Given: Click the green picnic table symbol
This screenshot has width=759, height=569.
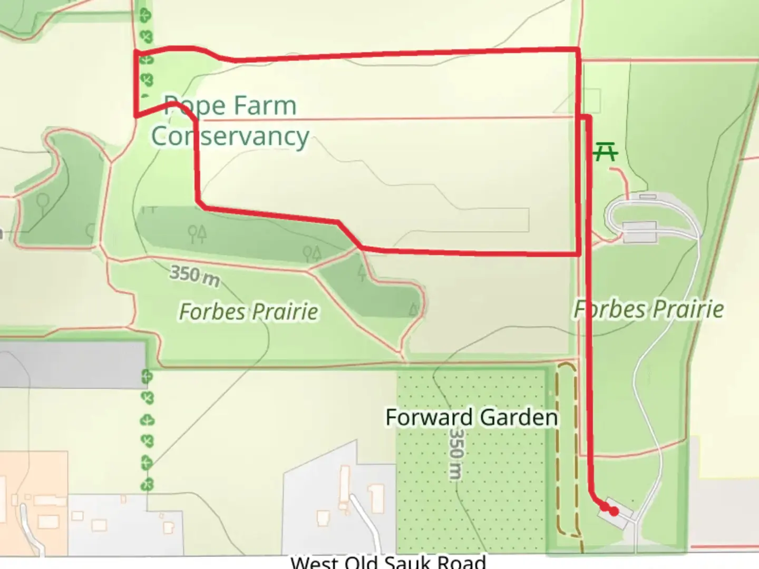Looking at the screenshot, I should point(606,153).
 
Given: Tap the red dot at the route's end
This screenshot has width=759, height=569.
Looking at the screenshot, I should point(614,511).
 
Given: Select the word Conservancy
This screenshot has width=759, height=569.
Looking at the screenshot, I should point(230,136).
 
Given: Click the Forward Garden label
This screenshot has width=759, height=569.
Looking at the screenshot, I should point(471,417).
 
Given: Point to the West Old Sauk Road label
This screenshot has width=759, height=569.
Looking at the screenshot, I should point(388,562).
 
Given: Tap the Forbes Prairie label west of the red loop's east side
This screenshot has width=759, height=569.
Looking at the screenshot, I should point(248,311).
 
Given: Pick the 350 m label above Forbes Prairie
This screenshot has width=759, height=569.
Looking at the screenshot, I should point(194,276).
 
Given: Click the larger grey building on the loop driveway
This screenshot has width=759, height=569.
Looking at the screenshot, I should point(639,232).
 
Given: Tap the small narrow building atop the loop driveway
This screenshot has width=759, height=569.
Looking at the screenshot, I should point(647,197).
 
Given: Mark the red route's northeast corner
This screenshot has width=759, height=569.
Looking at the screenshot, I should point(579,50).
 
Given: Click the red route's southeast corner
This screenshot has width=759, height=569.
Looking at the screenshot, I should point(579,254).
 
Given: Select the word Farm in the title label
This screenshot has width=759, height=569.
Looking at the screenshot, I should point(265,106).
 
